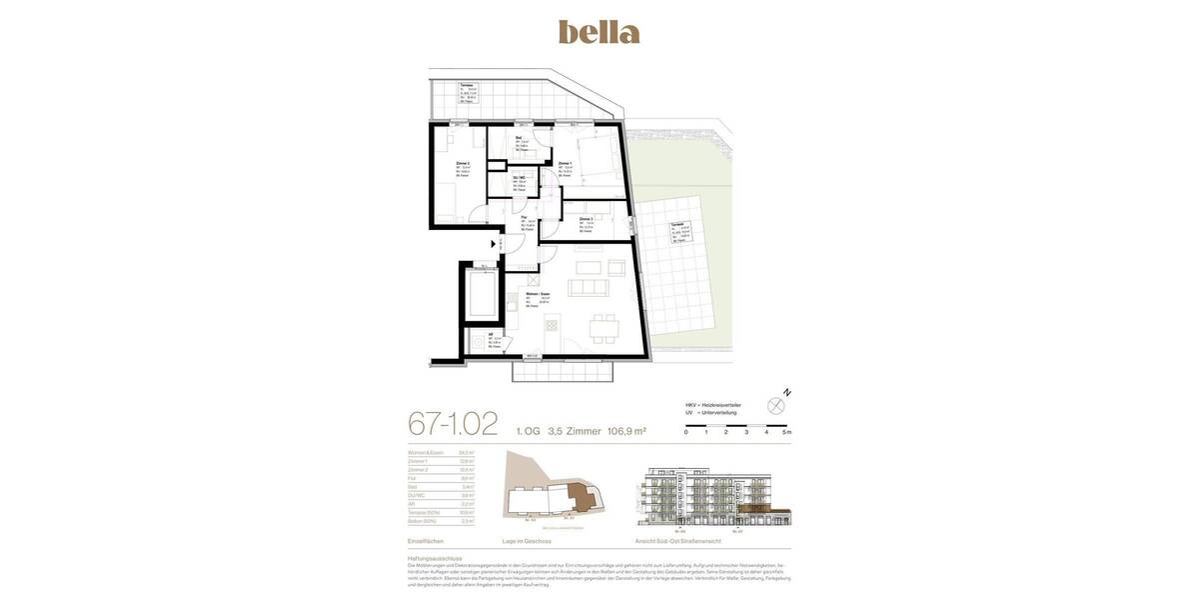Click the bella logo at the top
pos(599,32)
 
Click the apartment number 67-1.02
pos(453,425)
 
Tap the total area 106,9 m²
pos(626,432)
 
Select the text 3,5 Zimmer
pos(575,432)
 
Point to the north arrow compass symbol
pos(776,405)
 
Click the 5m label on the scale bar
pos(787,432)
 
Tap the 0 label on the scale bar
pos(685,432)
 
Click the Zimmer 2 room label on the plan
pos(463,162)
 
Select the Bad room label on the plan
pos(519,137)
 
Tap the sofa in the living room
pos(588,287)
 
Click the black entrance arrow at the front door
pos(494,244)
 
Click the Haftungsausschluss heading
pos(435,558)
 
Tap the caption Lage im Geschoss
pos(527,541)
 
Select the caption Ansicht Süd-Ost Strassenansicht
pos(678,541)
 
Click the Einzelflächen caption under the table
pos(425,541)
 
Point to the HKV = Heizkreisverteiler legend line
pos(713,405)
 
